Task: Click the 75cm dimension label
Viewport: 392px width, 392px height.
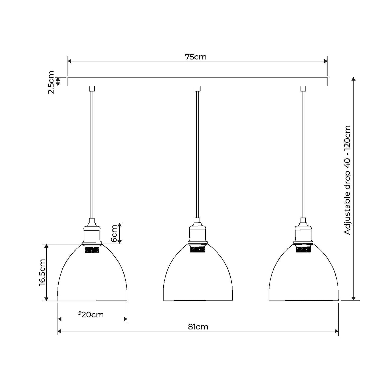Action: coord(196,57)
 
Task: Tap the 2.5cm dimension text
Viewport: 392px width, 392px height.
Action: coord(51,82)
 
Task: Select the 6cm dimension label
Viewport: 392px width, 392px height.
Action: coord(114,233)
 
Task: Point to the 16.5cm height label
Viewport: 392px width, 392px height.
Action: coord(42,272)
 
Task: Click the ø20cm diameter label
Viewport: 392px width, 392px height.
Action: coord(91,314)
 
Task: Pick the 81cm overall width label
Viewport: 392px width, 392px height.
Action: coord(198,327)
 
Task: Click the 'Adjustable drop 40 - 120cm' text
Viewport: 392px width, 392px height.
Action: coord(347,180)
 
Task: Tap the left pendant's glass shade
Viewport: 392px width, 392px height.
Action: coord(92,279)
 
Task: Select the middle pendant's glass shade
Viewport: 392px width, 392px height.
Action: coord(198,279)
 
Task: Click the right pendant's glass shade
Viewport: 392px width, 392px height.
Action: coord(304,279)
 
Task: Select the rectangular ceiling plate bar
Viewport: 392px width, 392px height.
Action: coord(197,82)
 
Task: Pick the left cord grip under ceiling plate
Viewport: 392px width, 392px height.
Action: coord(92,89)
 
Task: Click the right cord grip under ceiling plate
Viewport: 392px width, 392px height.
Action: coord(303,89)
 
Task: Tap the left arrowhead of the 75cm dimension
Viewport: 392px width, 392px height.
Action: coord(69,61)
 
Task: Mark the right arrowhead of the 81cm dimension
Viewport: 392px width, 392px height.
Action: coord(337,331)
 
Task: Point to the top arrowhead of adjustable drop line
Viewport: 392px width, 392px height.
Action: coord(353,79)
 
